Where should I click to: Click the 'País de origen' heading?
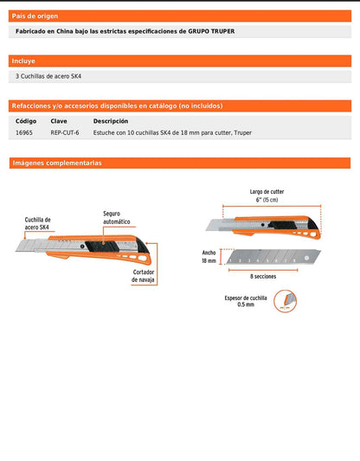click(x=35, y=16)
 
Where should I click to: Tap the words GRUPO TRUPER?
click(x=211, y=31)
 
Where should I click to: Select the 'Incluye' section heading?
click(x=23, y=61)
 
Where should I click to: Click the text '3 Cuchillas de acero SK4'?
click(x=48, y=76)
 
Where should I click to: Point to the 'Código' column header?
click(x=26, y=121)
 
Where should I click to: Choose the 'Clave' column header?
click(x=59, y=121)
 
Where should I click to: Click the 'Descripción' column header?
click(x=111, y=121)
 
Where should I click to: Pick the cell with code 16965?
click(x=24, y=132)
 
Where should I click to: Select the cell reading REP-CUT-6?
click(x=65, y=132)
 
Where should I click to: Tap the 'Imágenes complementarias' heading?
click(x=57, y=163)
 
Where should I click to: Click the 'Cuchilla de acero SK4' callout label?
click(x=38, y=223)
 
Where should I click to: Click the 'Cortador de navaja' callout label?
click(x=143, y=276)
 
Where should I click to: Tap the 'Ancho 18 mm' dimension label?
click(x=209, y=257)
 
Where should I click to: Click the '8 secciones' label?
click(x=263, y=277)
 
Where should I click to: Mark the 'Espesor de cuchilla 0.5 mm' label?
click(x=246, y=301)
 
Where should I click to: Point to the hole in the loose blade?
click(x=306, y=258)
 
